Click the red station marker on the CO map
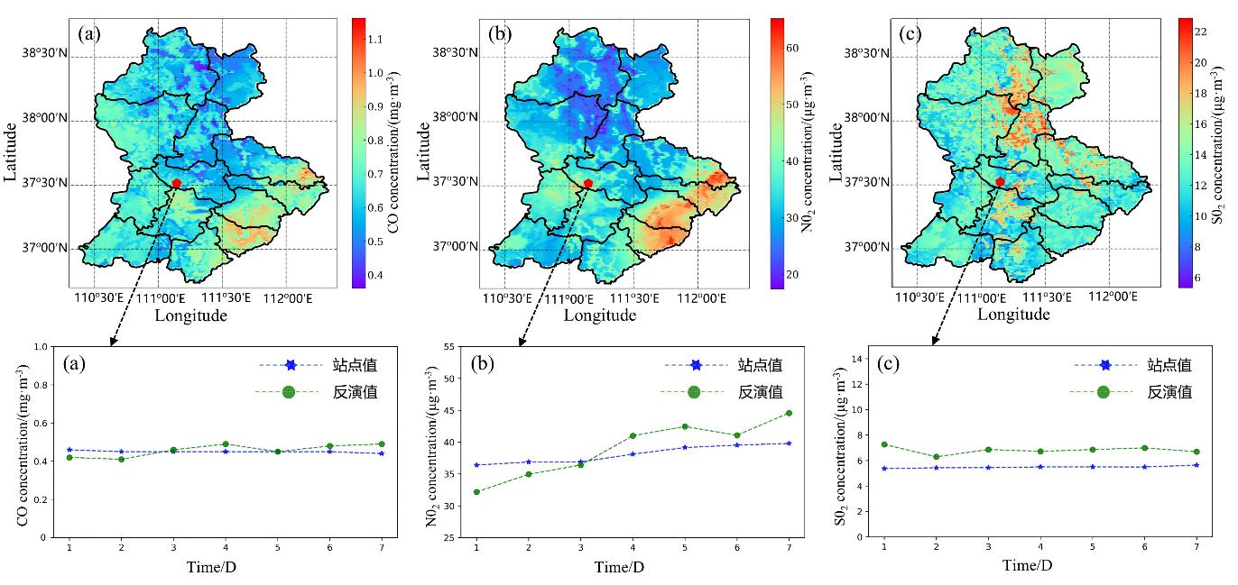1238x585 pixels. click(x=177, y=183)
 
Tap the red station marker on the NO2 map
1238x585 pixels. click(x=588, y=183)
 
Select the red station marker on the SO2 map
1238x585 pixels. click(x=1000, y=182)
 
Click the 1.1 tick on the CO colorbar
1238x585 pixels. click(x=373, y=39)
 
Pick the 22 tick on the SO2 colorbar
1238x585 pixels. click(x=1203, y=31)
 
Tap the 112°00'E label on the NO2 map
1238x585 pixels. click(x=697, y=298)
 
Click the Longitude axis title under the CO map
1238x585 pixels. click(x=190, y=315)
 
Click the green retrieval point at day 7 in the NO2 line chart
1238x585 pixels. click(x=789, y=413)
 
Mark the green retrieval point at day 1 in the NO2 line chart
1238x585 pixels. click(x=476, y=492)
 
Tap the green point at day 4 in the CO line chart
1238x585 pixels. click(x=225, y=443)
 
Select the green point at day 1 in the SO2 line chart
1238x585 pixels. click(x=884, y=444)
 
